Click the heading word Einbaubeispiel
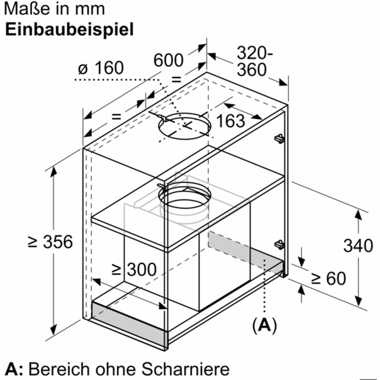coord(69,30)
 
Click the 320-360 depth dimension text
coord(255,61)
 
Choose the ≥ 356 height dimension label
coord(50,242)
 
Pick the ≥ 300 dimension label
coord(134,269)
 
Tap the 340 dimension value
coord(358,245)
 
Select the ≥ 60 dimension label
coord(329,278)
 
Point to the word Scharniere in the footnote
coord(185,369)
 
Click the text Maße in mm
coord(55,9)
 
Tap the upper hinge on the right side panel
coord(279,138)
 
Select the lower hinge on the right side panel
coord(279,244)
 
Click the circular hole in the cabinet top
coord(185,126)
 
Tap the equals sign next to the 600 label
coord(177,79)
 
